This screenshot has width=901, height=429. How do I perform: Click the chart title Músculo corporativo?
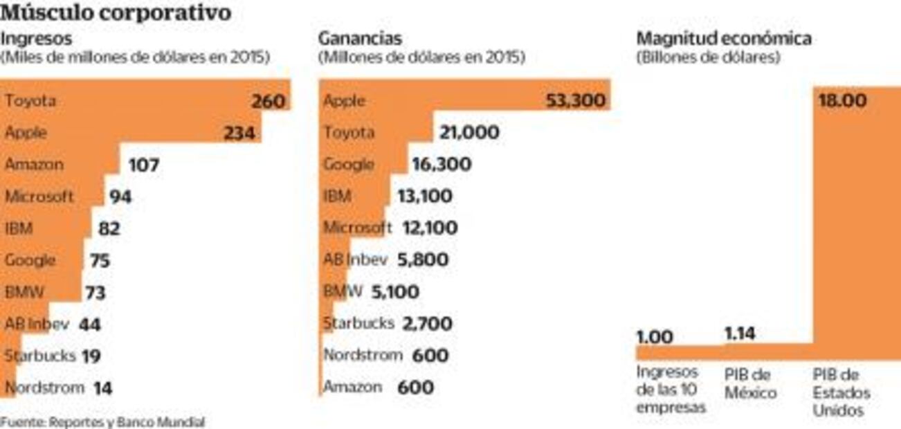point(116,12)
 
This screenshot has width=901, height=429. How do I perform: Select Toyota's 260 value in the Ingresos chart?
point(268,102)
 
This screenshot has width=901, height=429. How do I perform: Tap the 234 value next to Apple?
point(239,134)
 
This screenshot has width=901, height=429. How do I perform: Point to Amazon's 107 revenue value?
point(143,165)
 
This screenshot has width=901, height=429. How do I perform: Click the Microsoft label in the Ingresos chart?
point(39,197)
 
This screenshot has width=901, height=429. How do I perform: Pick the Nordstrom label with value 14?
point(44,387)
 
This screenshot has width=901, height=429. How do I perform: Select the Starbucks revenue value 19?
point(91,356)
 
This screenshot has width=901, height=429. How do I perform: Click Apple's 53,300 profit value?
point(576,102)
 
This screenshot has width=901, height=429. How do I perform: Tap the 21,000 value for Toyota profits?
point(468,133)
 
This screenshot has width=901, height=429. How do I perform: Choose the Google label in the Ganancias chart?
point(349,165)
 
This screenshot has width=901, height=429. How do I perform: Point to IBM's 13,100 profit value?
point(424,197)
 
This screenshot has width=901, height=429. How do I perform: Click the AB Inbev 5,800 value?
point(423,260)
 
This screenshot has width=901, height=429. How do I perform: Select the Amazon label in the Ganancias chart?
point(352,387)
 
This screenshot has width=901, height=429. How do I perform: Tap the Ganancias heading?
point(360,39)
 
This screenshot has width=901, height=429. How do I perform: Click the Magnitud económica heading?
point(724,39)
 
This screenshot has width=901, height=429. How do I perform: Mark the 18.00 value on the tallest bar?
point(842,101)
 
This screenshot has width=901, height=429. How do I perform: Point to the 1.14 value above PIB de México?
point(740,334)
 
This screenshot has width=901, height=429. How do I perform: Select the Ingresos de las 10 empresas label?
point(671,390)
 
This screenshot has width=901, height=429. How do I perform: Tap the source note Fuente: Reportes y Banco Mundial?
point(102,421)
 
